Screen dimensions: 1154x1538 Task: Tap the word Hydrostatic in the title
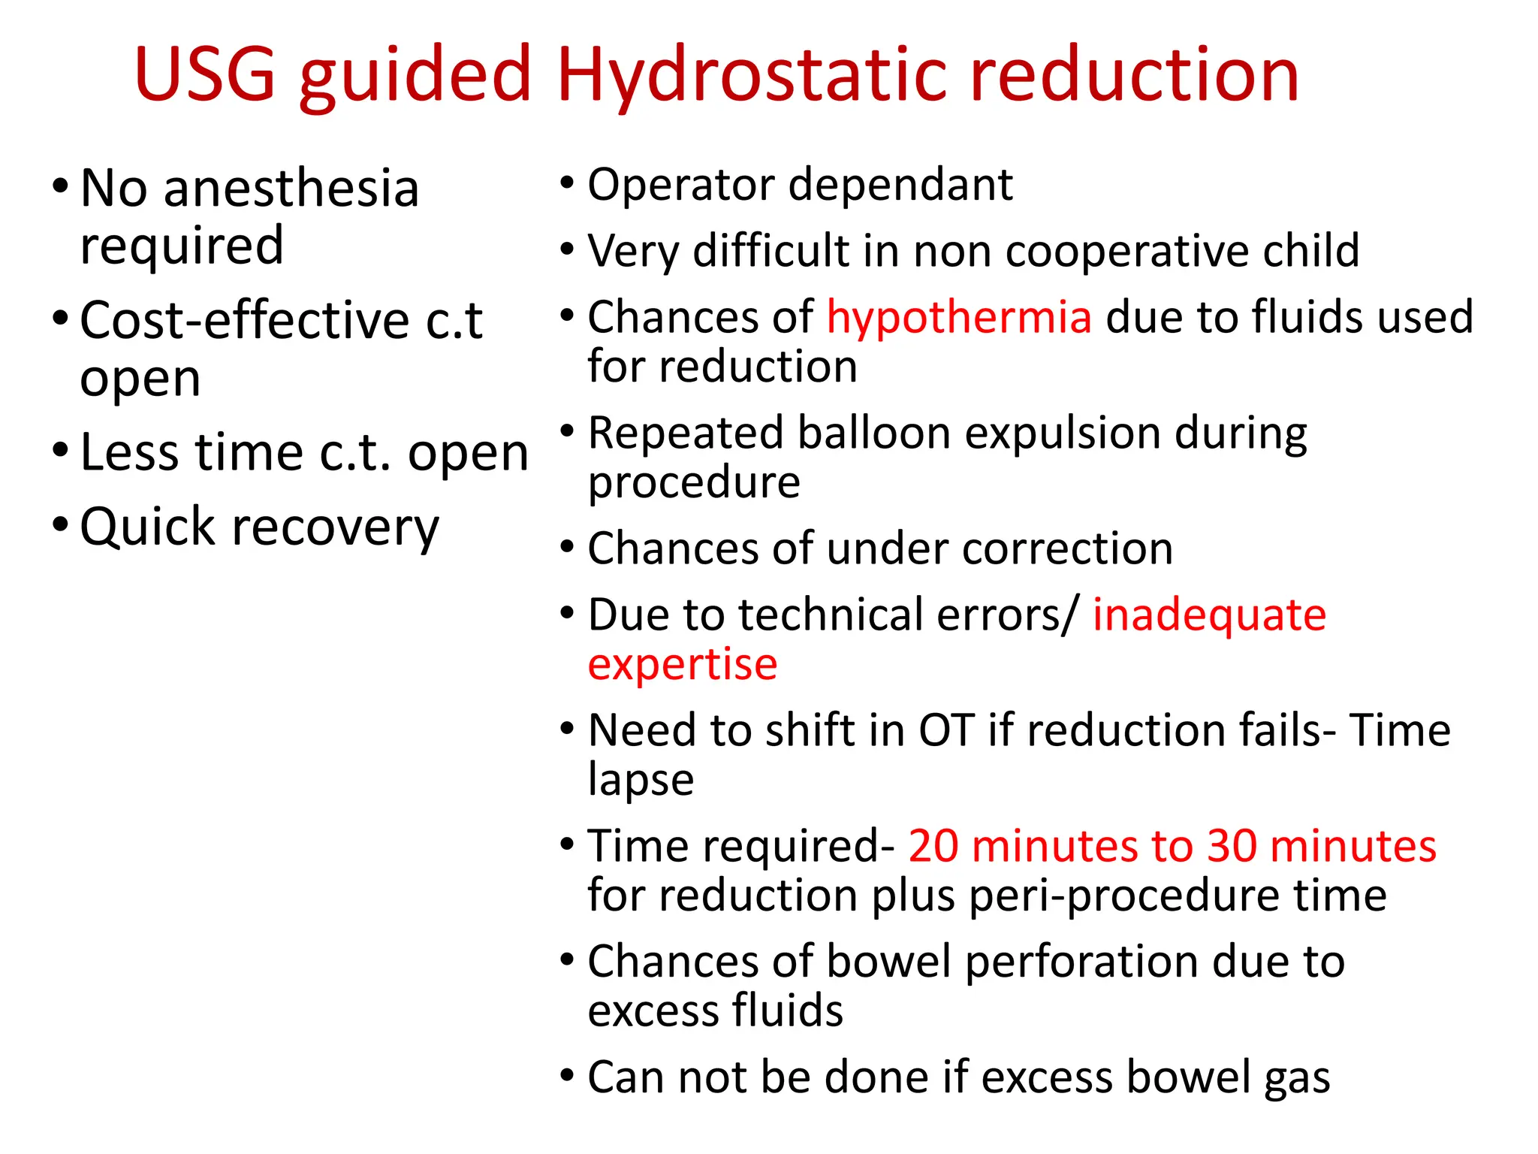click(751, 75)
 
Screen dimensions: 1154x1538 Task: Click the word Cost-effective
click(244, 321)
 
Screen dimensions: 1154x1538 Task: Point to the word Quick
click(148, 527)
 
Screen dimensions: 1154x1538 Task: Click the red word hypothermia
click(959, 316)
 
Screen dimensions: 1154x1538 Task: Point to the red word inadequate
click(1209, 615)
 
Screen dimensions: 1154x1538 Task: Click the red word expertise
click(682, 665)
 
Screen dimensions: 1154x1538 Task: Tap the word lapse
click(641, 780)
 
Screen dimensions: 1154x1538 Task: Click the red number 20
click(933, 846)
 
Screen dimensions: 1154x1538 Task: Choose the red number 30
click(1232, 846)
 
